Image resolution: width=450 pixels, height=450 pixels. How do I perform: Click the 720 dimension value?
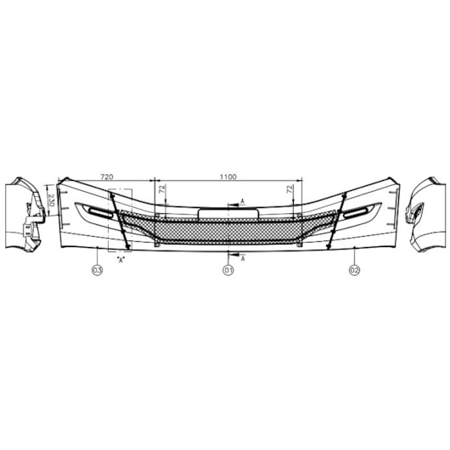click(x=106, y=177)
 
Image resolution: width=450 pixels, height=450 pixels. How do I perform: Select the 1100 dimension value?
click(x=228, y=177)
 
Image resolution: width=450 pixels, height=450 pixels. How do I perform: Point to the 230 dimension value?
click(x=52, y=200)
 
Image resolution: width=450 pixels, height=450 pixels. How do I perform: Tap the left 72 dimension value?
click(x=163, y=188)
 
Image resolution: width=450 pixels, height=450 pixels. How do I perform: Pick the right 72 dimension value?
click(x=290, y=188)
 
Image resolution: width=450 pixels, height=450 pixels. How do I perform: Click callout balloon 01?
click(x=228, y=270)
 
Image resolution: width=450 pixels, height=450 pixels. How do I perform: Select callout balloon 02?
click(x=354, y=270)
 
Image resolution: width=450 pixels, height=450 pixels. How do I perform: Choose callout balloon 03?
click(x=98, y=270)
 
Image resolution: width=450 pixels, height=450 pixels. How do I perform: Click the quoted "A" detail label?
click(x=121, y=260)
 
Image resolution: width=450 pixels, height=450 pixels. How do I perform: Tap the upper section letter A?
click(x=243, y=201)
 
